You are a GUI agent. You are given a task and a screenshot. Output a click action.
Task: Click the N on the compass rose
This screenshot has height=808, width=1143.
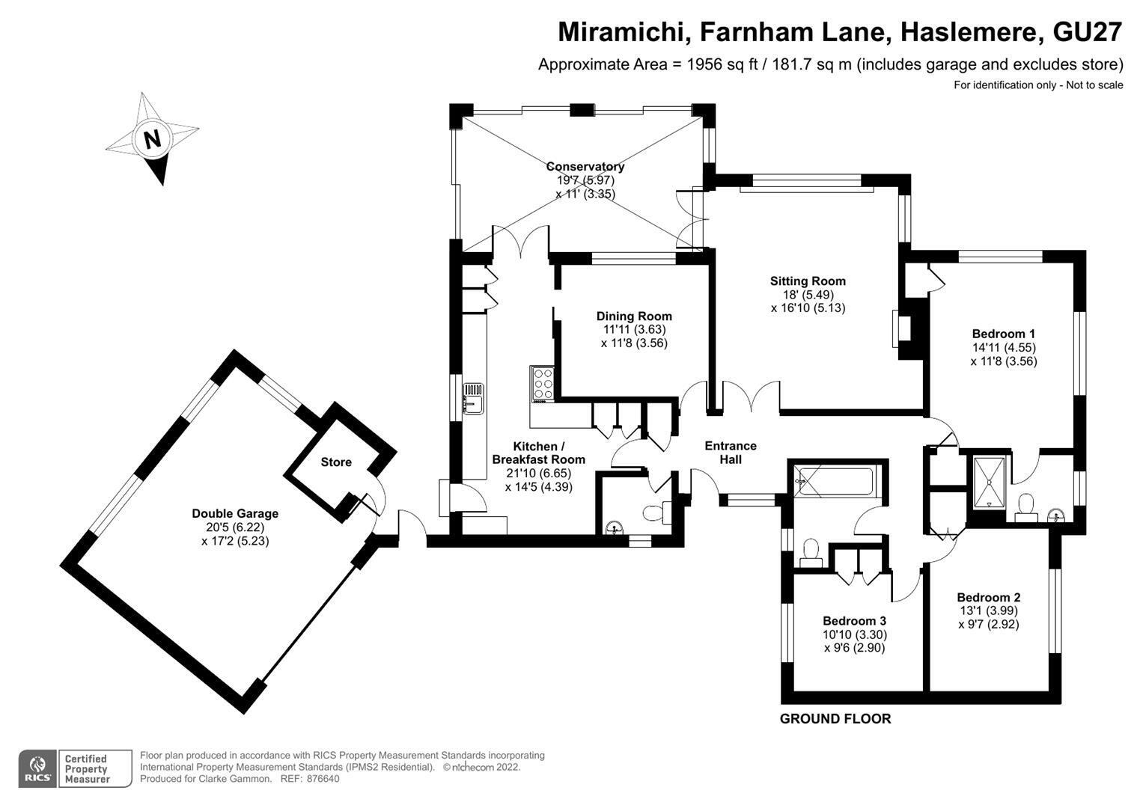152,138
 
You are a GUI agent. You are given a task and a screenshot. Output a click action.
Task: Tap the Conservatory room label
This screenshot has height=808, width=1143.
585,166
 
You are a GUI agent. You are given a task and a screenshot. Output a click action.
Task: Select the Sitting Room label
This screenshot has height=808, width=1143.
808,281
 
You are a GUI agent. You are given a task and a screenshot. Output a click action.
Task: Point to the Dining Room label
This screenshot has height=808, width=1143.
634,316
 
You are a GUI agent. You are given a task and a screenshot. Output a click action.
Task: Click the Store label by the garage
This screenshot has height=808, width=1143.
336,462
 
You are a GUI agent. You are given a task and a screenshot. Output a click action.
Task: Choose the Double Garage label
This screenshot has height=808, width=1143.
235,514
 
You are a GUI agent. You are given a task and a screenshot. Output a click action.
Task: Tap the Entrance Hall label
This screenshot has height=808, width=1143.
731,453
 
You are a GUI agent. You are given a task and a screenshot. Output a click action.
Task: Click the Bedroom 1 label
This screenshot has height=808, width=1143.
1004,334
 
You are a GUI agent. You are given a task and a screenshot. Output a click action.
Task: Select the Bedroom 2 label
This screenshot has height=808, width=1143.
989,597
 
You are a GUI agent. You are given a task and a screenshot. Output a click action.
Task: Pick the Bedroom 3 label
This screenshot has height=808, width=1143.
855,621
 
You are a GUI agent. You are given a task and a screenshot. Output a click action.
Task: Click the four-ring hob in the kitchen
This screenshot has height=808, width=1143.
543,384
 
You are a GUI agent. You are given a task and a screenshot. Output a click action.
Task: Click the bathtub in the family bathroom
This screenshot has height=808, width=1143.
835,482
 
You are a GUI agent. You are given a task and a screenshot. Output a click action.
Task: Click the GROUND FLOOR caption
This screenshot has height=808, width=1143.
835,719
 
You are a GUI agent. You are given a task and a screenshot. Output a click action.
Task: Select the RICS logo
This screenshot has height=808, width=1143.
37,769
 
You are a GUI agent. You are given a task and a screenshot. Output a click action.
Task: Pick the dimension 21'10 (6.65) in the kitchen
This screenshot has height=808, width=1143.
539,473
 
